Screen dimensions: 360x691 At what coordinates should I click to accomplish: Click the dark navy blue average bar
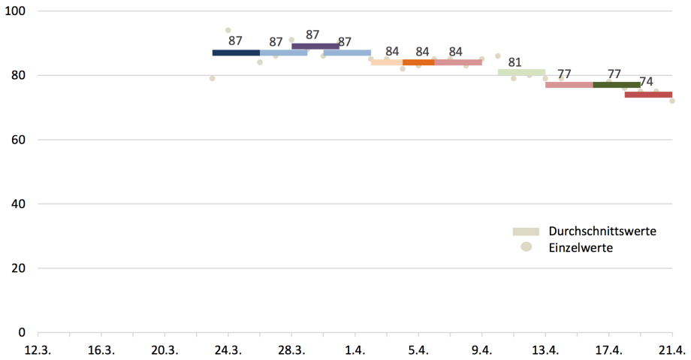(x=236, y=53)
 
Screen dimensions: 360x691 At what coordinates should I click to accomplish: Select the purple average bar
(x=315, y=47)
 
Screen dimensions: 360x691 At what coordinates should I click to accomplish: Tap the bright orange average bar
(x=418, y=62)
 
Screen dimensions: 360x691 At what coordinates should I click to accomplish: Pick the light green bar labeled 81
(x=521, y=72)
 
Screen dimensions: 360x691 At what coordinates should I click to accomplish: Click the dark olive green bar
(x=616, y=85)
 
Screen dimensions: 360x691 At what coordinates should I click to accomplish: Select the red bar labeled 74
(x=648, y=95)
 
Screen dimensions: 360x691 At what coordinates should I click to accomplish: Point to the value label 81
(x=515, y=62)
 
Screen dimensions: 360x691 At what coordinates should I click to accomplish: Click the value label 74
(x=646, y=82)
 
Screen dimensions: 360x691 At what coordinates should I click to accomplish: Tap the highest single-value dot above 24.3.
(x=228, y=31)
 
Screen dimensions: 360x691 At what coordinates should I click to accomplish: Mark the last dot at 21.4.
(x=672, y=101)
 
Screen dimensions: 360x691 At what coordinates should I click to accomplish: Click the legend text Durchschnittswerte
(x=603, y=231)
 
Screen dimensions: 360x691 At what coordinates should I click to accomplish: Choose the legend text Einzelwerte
(x=581, y=248)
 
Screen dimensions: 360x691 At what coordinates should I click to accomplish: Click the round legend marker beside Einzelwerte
(x=527, y=247)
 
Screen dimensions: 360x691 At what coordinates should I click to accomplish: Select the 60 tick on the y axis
(x=20, y=140)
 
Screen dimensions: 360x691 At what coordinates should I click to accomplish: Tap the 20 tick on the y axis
(x=20, y=268)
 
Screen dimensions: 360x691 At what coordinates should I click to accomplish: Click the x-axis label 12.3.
(x=38, y=349)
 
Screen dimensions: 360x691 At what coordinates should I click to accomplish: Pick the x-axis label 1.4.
(x=355, y=349)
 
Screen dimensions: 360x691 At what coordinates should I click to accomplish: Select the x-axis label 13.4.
(x=545, y=349)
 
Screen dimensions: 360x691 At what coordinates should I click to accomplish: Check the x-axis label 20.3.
(x=164, y=349)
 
